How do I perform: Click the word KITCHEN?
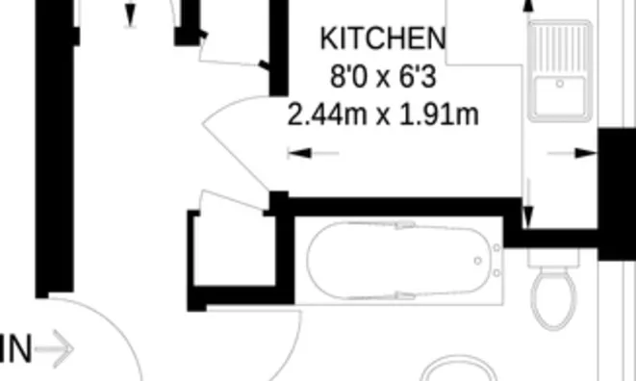coord(382,39)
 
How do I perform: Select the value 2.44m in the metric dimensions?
coord(327,115)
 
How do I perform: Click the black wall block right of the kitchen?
coord(615,183)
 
